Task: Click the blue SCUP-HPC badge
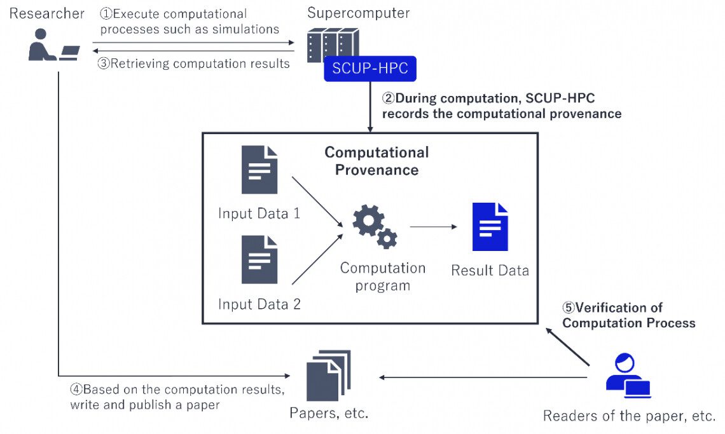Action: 370,68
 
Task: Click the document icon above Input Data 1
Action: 259,170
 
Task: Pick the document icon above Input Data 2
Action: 259,259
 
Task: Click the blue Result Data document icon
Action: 490,227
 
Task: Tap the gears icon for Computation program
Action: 375,226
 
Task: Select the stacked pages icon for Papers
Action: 328,376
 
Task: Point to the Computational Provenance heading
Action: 376,161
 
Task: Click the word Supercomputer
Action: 358,13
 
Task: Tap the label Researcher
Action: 46,13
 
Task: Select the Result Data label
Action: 490,270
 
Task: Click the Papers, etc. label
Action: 329,414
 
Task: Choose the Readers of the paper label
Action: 629,416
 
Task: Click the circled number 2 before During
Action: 388,98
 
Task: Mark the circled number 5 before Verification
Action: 569,308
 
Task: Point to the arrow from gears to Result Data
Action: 433,226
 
